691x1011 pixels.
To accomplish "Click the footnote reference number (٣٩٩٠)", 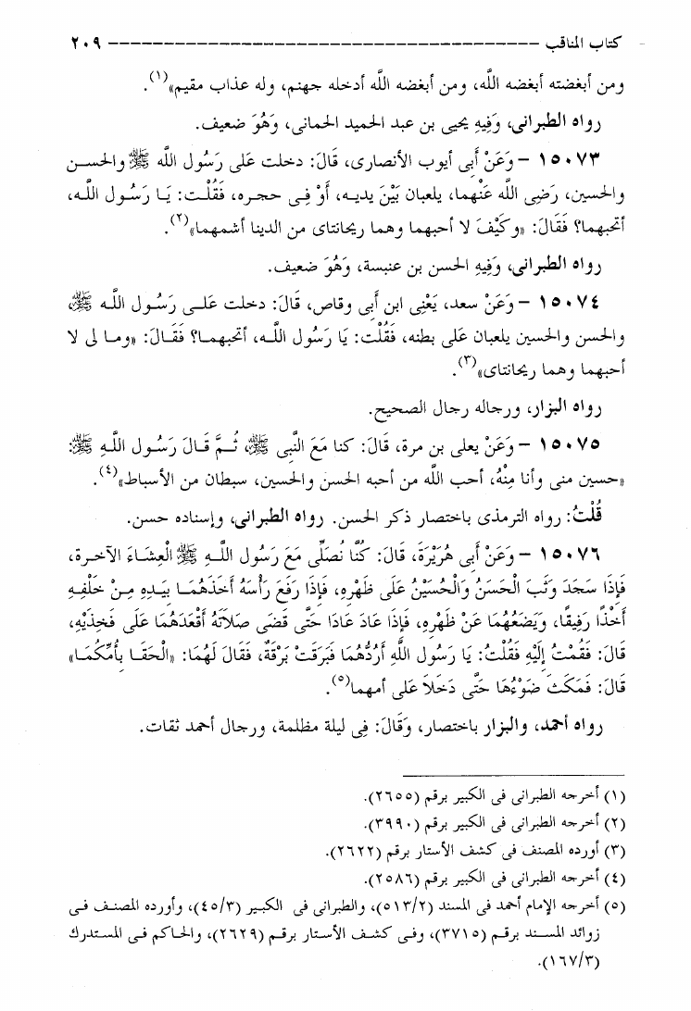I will (x=371, y=824).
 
